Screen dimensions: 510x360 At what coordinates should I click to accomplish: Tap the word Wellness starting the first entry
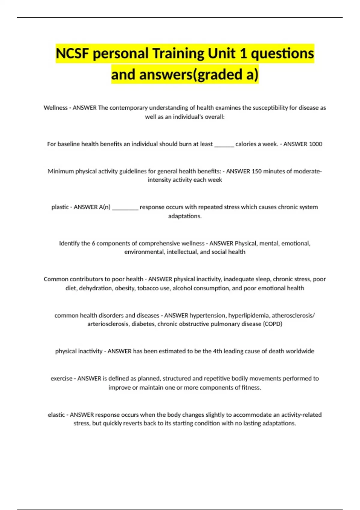pos(55,108)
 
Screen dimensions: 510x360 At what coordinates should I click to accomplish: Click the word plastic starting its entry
pos(60,207)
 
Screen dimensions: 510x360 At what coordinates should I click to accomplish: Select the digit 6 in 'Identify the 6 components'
pos(93,243)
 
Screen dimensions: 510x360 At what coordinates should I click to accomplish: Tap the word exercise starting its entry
pos(61,379)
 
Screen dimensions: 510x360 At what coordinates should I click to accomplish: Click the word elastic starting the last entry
pos(56,415)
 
